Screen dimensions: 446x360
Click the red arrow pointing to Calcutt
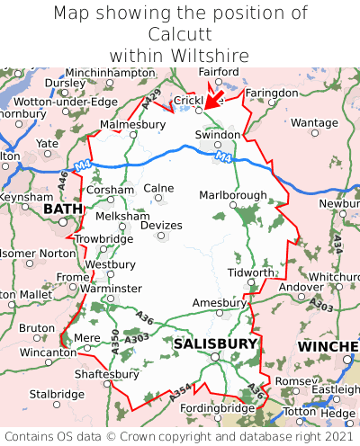point(214,95)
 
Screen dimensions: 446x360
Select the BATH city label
point(62,209)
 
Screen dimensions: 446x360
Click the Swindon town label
point(218,135)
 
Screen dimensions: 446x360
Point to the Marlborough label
point(232,195)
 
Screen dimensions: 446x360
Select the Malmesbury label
point(127,124)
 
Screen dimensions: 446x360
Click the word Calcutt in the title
point(180,34)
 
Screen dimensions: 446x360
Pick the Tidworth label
point(250,272)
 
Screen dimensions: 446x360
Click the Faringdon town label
point(271,93)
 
